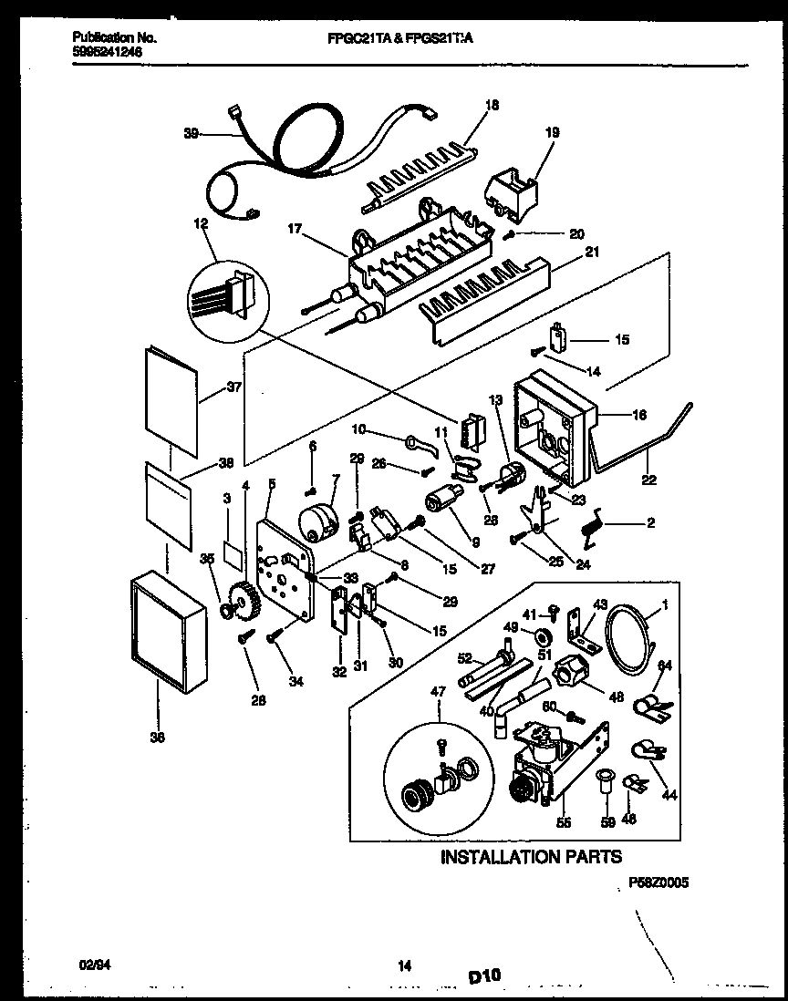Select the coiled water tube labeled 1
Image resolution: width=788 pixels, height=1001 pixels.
click(x=630, y=629)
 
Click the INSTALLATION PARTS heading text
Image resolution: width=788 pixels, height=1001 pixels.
click(x=531, y=856)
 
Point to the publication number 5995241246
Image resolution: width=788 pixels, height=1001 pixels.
click(x=105, y=52)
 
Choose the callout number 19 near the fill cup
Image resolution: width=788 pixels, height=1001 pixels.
click(x=553, y=132)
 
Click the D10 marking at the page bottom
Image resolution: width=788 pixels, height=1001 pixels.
click(x=485, y=977)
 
